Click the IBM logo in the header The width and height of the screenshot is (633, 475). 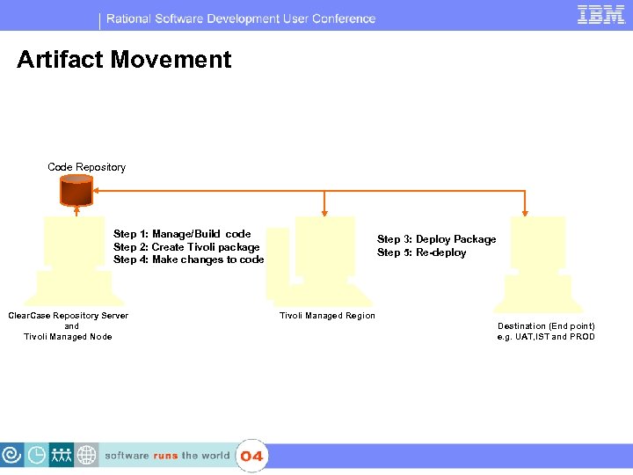click(600, 15)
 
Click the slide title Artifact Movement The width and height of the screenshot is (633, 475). click(124, 60)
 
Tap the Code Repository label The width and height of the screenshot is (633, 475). click(86, 167)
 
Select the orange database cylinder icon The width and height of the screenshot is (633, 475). click(76, 189)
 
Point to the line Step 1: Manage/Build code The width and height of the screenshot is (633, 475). click(182, 234)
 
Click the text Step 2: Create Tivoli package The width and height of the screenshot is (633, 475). click(186, 247)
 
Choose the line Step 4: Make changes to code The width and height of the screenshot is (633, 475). click(188, 259)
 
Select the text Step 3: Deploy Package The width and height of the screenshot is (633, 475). click(436, 239)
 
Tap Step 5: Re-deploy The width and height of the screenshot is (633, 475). click(421, 252)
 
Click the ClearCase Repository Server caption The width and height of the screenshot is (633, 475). click(68, 316)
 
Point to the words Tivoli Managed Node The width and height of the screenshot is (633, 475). click(68, 337)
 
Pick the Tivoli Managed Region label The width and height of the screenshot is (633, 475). click(327, 316)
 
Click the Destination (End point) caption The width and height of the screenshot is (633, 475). click(546, 326)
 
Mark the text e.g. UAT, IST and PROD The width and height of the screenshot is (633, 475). click(546, 337)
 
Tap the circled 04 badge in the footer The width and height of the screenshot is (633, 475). click(251, 456)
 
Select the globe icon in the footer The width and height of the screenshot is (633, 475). click(86, 456)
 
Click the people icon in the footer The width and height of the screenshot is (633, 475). click(62, 456)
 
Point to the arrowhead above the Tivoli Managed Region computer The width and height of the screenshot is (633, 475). click(325, 212)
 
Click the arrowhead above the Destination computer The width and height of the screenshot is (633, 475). click(525, 212)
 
